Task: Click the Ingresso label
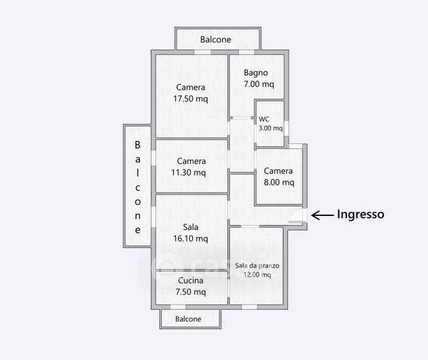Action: tap(360, 214)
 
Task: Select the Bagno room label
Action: tap(256, 73)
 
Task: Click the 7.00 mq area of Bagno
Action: tap(259, 85)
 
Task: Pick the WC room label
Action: tap(264, 118)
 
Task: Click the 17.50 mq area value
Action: tap(191, 99)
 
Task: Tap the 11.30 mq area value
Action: tap(191, 173)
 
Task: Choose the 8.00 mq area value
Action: tap(279, 182)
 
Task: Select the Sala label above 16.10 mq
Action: tap(191, 227)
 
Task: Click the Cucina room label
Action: tap(191, 280)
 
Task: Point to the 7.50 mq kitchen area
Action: tap(191, 292)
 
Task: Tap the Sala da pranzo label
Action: tap(258, 265)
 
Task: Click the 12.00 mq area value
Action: tap(258, 275)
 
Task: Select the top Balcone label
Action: tap(216, 40)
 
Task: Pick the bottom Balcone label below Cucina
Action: tap(188, 319)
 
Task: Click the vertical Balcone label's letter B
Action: tap(137, 145)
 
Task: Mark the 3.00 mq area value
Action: tap(271, 128)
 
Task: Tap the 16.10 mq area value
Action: tap(191, 239)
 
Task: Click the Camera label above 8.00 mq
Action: tap(279, 170)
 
